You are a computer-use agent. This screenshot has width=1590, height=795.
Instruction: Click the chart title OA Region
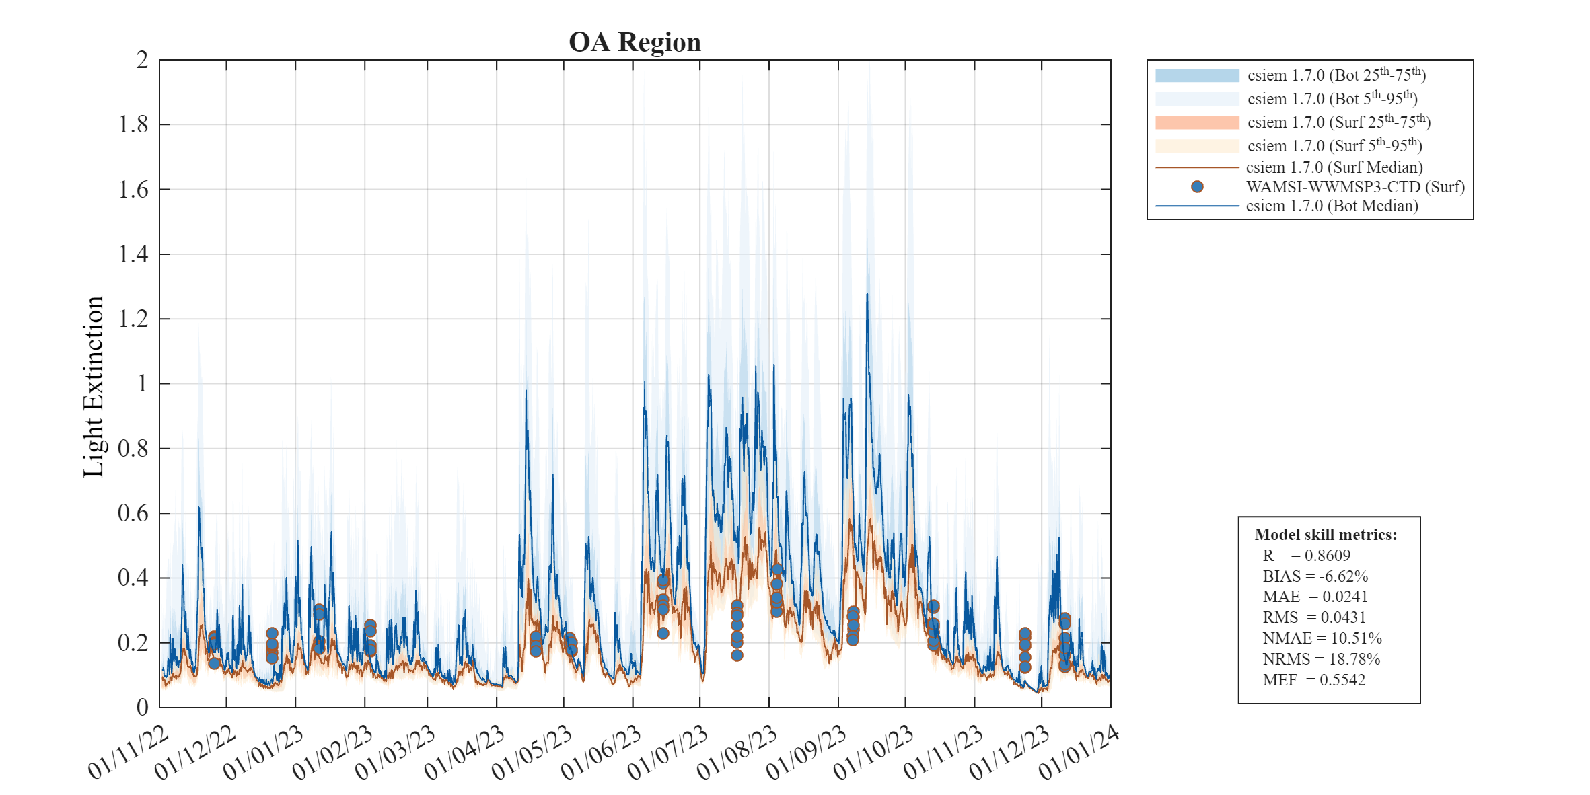click(x=635, y=42)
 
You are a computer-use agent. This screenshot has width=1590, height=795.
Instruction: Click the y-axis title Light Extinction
click(x=94, y=387)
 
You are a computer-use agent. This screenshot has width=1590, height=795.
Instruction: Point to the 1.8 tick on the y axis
click(x=133, y=124)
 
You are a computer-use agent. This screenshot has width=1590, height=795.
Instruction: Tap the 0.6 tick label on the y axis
click(x=133, y=513)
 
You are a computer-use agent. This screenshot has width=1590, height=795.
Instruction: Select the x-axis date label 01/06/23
click(x=601, y=753)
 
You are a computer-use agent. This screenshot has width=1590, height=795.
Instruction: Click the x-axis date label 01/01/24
click(x=1079, y=753)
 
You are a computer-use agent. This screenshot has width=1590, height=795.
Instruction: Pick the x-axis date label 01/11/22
click(x=128, y=753)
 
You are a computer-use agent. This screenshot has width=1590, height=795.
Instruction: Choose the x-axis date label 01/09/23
click(x=806, y=753)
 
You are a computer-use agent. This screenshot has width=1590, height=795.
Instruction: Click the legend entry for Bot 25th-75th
click(x=1336, y=75)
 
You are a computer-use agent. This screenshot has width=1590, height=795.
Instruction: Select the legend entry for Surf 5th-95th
click(x=1334, y=145)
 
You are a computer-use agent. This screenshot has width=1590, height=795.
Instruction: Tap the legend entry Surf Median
click(x=1334, y=167)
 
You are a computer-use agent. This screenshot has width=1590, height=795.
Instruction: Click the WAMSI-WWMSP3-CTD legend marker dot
click(x=1197, y=186)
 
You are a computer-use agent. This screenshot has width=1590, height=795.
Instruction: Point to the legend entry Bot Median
click(x=1331, y=206)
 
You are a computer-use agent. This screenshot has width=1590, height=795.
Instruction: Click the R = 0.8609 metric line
click(x=1306, y=556)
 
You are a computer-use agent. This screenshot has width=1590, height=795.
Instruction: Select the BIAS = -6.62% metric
click(x=1315, y=576)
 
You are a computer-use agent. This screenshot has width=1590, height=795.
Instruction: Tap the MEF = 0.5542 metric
click(x=1313, y=680)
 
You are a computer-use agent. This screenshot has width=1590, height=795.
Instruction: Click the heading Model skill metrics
click(x=1326, y=535)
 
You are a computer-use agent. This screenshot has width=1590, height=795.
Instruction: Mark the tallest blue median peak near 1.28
click(x=867, y=295)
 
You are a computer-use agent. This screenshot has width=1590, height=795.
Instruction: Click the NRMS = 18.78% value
click(x=1321, y=659)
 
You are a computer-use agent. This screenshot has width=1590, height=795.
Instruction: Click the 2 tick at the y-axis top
click(x=142, y=60)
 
